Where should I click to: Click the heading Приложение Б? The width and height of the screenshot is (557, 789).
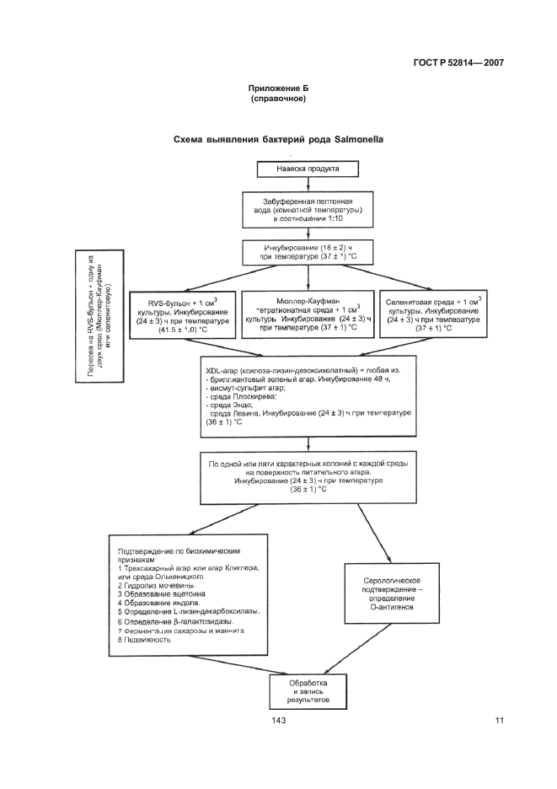(x=277, y=88)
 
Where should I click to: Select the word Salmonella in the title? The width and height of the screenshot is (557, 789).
(x=355, y=140)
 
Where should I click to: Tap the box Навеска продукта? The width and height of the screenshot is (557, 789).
(x=308, y=168)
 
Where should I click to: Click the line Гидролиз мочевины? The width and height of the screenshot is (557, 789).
(x=160, y=584)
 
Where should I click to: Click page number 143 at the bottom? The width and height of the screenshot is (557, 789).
(x=279, y=720)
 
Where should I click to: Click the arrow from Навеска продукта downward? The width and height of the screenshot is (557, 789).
(x=308, y=185)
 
